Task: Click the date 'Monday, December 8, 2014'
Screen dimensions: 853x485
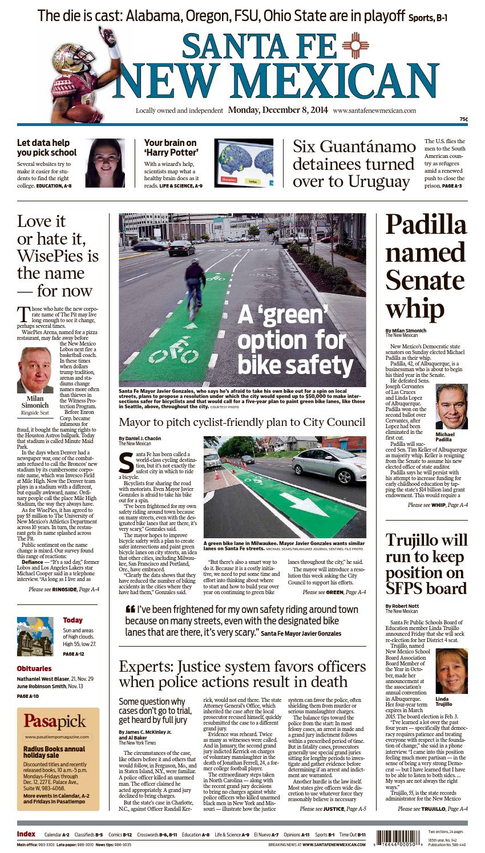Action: pos(270,111)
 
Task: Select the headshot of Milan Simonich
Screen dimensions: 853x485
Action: pos(35,369)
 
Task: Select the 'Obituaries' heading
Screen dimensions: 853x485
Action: pos(34,668)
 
